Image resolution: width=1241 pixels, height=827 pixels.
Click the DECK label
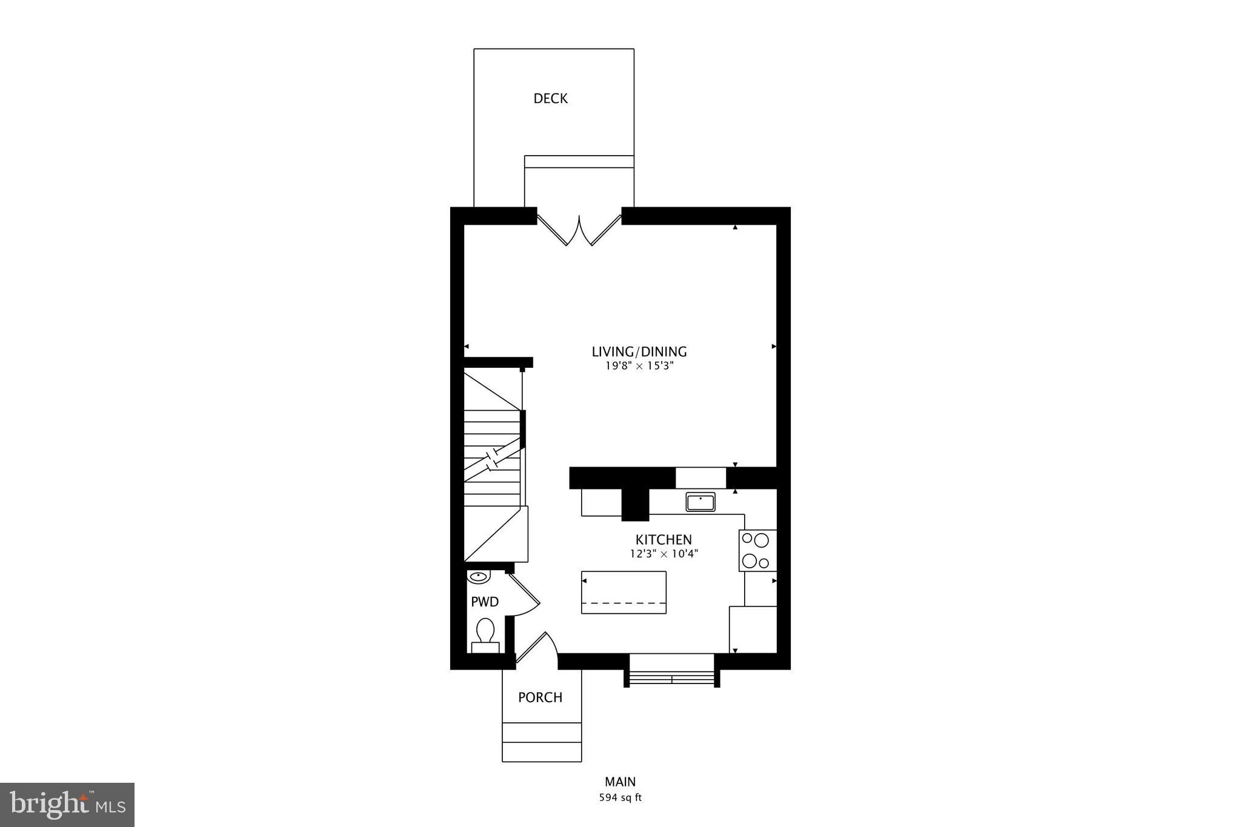coord(550,99)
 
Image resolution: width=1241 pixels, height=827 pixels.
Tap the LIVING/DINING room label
coord(639,351)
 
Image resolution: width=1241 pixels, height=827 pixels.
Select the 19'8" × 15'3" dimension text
coord(639,366)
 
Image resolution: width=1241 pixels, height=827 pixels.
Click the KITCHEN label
coord(664,539)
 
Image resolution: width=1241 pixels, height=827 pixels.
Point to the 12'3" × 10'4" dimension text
coord(664,553)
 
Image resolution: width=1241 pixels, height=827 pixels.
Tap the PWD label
coord(485,602)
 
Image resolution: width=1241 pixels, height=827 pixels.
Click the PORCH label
coord(540,697)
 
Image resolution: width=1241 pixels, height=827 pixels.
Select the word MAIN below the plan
coord(620,782)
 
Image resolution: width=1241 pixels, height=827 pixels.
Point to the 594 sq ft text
coord(620,798)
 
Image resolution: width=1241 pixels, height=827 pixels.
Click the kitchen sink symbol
coord(700,502)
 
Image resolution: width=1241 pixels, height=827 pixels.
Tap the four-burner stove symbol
coord(757,550)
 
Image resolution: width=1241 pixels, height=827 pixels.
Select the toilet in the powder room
coord(485,635)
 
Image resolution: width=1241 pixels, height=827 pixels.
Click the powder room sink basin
coord(479,576)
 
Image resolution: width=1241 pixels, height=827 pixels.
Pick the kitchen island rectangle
coord(624,592)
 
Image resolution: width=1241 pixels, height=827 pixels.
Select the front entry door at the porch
coord(536,650)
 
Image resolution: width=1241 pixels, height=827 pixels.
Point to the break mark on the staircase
coord(493,459)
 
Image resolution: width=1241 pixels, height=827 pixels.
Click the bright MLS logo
coord(67,805)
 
